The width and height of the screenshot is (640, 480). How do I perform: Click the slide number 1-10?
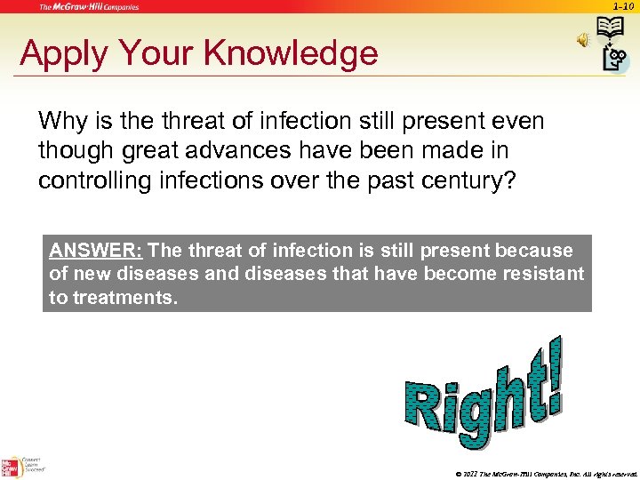coord(622,6)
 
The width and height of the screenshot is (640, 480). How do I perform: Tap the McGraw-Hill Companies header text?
coord(89,7)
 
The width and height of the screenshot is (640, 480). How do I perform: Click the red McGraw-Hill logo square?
coord(11,468)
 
